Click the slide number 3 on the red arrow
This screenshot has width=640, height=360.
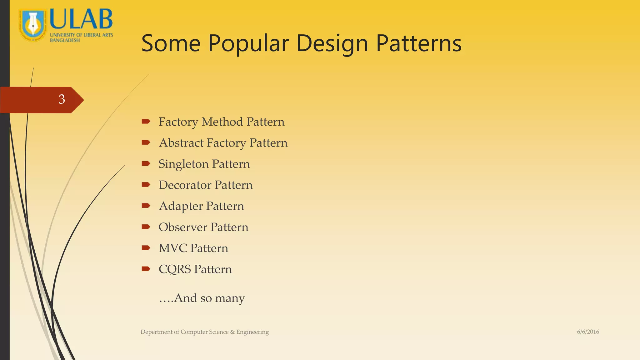pos(62,99)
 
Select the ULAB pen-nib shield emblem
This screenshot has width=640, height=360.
pos(32,25)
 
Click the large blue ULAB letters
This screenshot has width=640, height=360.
pos(81,19)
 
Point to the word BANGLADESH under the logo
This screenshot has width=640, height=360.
pos(65,40)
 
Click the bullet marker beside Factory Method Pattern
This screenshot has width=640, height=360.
pos(146,122)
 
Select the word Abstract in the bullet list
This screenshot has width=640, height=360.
pos(181,143)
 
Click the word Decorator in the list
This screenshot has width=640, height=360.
pos(185,185)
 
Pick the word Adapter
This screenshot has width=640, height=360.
pos(181,206)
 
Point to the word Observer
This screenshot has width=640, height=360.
pos(182,227)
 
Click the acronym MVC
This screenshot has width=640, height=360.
pos(172,248)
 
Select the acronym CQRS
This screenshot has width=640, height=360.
pos(174,269)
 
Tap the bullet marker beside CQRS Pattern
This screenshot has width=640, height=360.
pos(146,269)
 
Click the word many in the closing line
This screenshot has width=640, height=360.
pos(230,298)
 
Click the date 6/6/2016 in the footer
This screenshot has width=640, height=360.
pos(588,332)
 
